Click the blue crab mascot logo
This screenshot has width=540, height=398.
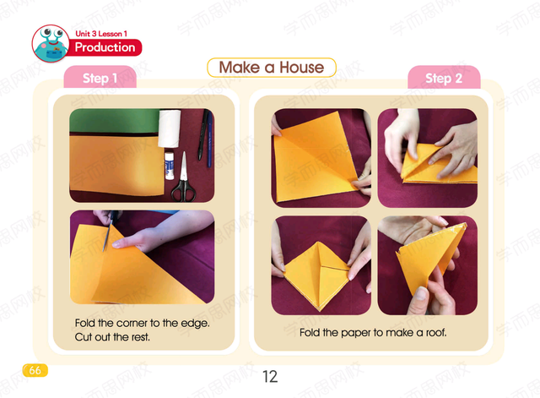51,43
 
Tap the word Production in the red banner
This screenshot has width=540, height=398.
105,47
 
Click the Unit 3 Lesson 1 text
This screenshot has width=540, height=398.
101,34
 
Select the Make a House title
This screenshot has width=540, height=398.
272,68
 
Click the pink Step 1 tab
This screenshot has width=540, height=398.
100,77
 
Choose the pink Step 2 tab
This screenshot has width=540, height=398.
444,78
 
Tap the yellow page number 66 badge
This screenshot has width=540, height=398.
35,370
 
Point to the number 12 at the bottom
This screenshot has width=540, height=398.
270,377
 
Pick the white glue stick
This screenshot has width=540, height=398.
169,166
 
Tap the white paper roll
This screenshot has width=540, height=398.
169,128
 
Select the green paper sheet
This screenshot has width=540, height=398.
115,122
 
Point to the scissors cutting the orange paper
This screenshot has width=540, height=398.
110,230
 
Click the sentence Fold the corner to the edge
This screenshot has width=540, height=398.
142,323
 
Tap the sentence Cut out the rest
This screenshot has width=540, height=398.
112,337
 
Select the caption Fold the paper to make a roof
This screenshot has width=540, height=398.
373,332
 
